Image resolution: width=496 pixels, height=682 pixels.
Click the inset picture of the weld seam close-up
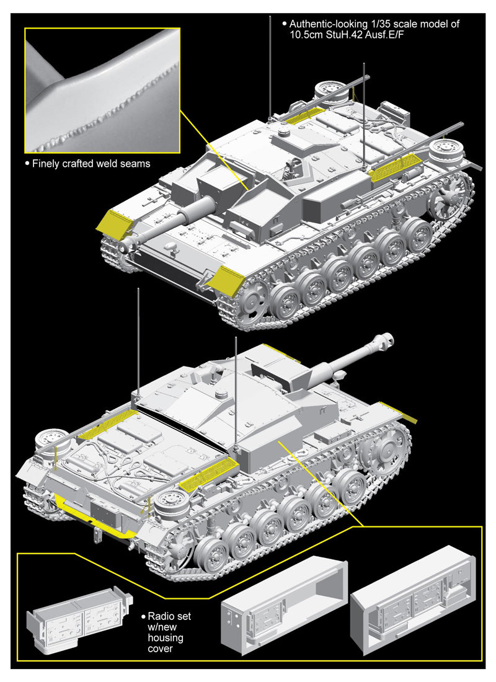tap(102, 91)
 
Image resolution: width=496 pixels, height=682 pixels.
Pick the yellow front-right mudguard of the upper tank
tap(225, 281)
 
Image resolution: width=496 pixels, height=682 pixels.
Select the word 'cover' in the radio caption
tap(160, 649)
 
